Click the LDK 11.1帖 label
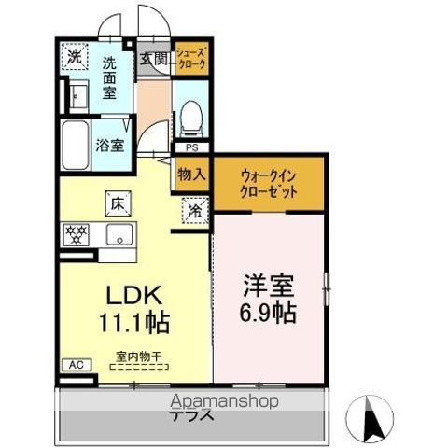(133, 310)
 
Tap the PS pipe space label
(191, 147)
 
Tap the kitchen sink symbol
(119, 233)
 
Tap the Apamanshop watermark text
(223, 402)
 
